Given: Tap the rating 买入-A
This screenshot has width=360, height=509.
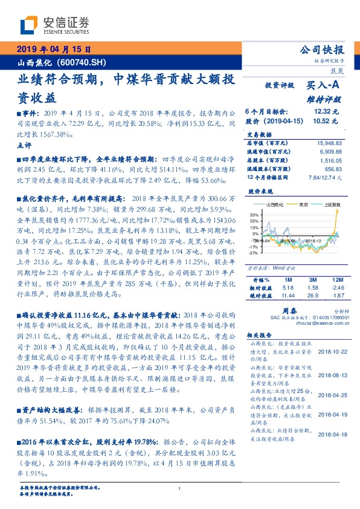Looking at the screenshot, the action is (x=324, y=86).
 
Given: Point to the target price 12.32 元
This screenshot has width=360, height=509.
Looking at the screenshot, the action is (x=327, y=112).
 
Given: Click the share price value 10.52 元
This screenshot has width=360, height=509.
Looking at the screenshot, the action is (x=327, y=122).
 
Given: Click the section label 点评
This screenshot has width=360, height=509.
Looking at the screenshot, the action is (x=24, y=146).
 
